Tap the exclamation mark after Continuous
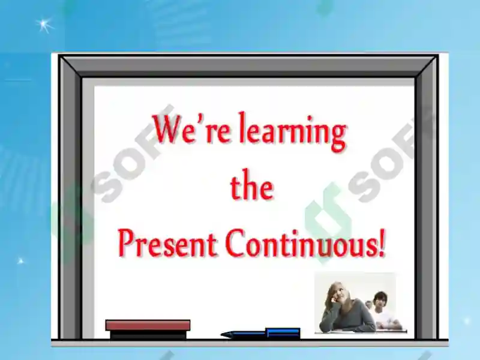382,244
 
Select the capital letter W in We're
167,128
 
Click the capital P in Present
125,243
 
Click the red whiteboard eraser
148,325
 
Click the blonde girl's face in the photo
337,294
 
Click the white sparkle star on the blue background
44,25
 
